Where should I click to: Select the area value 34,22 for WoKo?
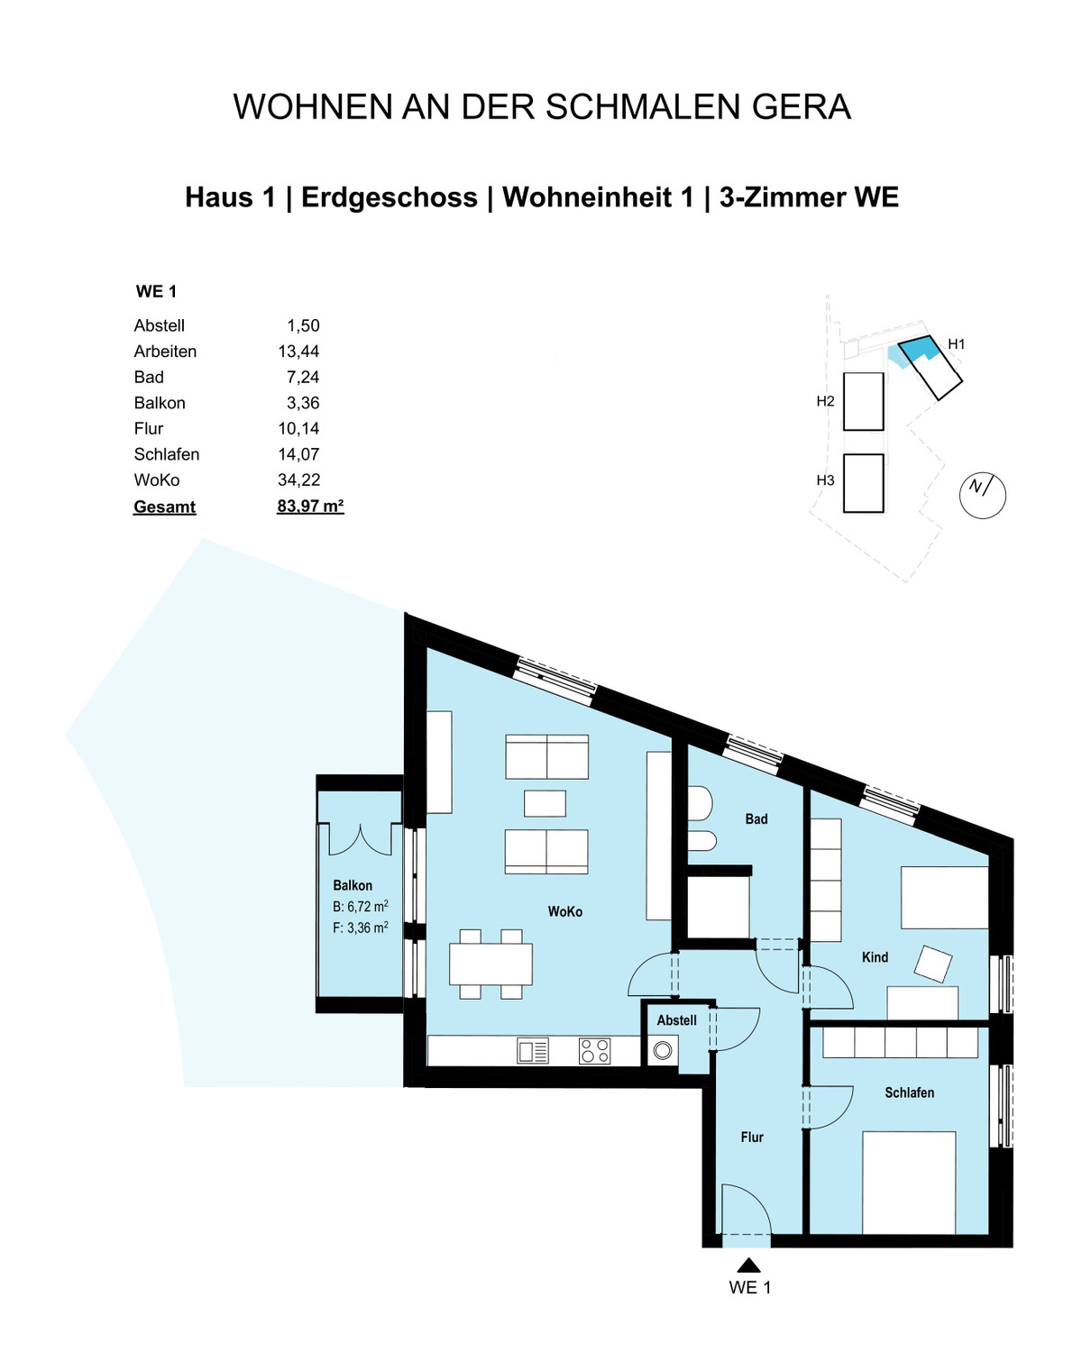click(x=298, y=480)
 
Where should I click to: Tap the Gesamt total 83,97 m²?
click(x=310, y=507)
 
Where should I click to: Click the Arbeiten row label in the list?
click(x=165, y=352)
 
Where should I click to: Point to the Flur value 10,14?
click(x=298, y=429)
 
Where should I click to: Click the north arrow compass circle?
click(x=982, y=495)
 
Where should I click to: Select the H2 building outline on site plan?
click(x=863, y=401)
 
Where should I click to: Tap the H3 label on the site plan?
click(x=825, y=480)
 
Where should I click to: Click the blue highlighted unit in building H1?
click(x=916, y=349)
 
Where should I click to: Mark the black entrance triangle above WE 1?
click(x=748, y=1266)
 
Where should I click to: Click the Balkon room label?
click(x=353, y=885)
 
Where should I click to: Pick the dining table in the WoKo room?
click(x=491, y=964)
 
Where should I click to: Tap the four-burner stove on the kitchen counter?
click(x=594, y=1051)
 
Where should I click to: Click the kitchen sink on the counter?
click(x=532, y=1051)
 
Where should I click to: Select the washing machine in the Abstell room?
click(x=663, y=1050)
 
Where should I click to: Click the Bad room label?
click(x=756, y=819)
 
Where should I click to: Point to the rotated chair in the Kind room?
click(x=932, y=963)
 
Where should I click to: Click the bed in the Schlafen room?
click(x=909, y=1183)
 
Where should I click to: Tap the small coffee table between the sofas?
click(x=545, y=803)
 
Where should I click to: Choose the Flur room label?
click(x=752, y=1138)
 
